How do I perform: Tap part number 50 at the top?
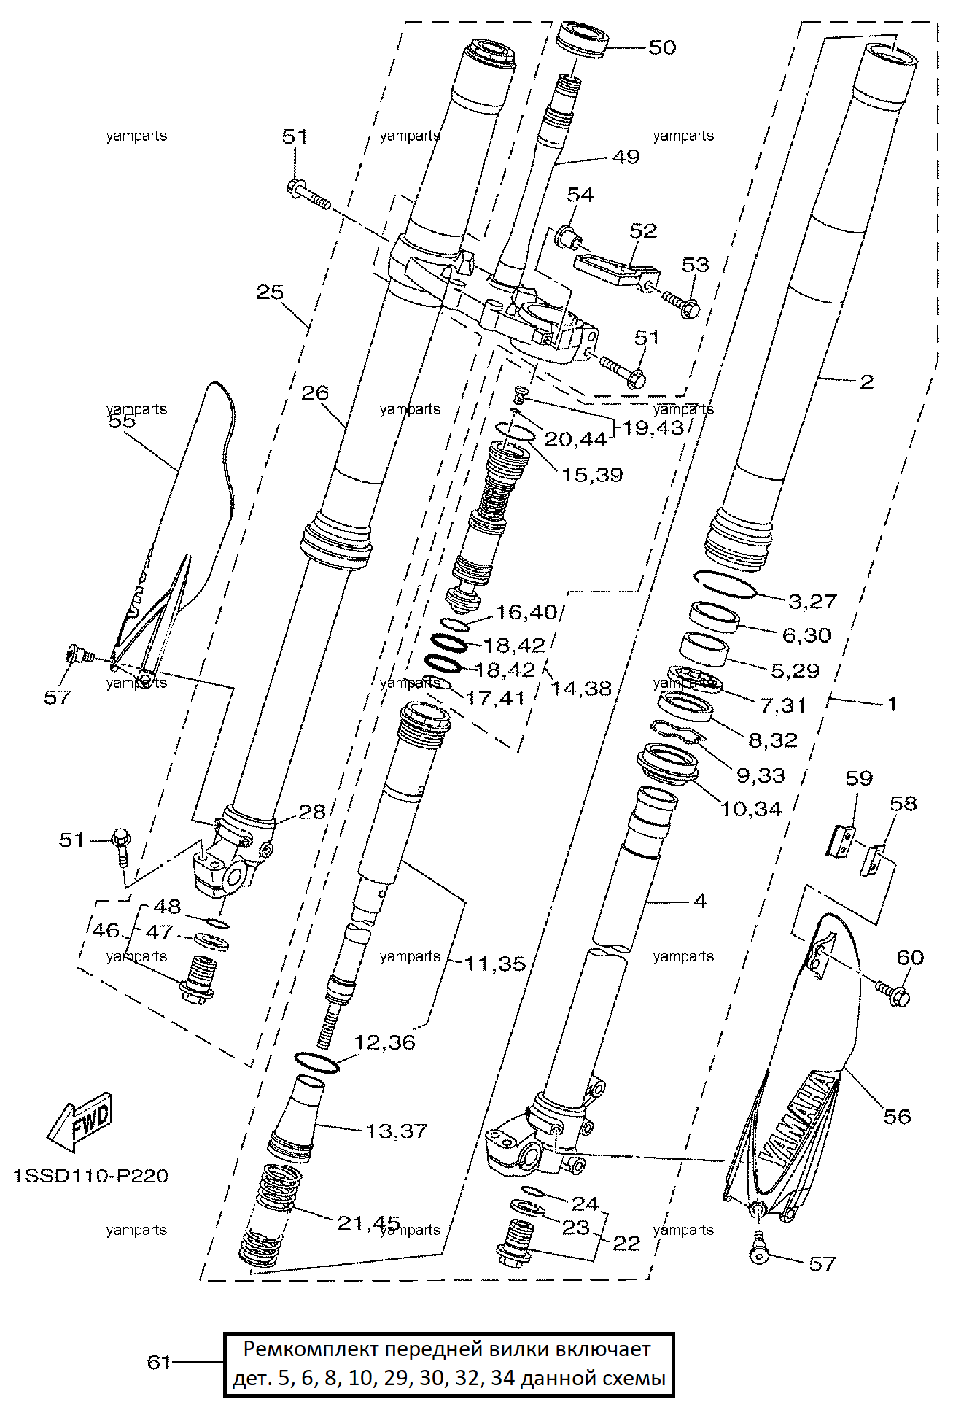click(x=662, y=47)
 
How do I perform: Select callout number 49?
click(x=626, y=157)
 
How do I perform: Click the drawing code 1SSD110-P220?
click(x=91, y=1176)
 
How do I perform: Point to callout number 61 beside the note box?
click(x=159, y=1362)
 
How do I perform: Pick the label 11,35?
click(x=495, y=964)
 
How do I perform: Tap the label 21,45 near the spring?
click(x=368, y=1222)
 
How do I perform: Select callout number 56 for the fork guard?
click(x=897, y=1117)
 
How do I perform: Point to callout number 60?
click(x=910, y=957)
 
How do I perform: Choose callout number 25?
click(x=269, y=292)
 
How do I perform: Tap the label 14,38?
click(x=580, y=688)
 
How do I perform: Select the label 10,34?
click(x=750, y=809)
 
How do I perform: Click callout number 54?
click(x=580, y=195)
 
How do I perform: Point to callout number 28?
click(x=311, y=812)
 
